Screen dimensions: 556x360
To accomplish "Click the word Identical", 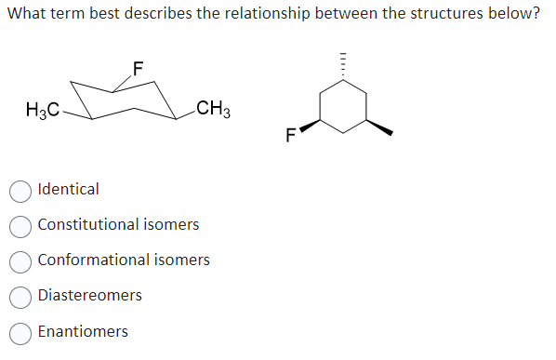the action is [x=68, y=190].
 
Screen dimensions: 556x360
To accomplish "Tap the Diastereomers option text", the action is [x=90, y=296].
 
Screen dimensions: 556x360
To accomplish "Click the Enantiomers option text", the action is [x=83, y=331].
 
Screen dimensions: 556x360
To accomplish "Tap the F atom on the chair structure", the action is [x=138, y=67].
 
